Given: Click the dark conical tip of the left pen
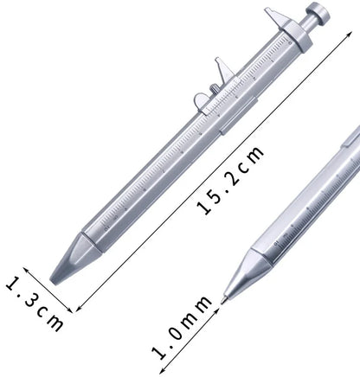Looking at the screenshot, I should [63, 269].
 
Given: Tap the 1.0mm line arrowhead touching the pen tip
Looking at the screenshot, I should [218, 304].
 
